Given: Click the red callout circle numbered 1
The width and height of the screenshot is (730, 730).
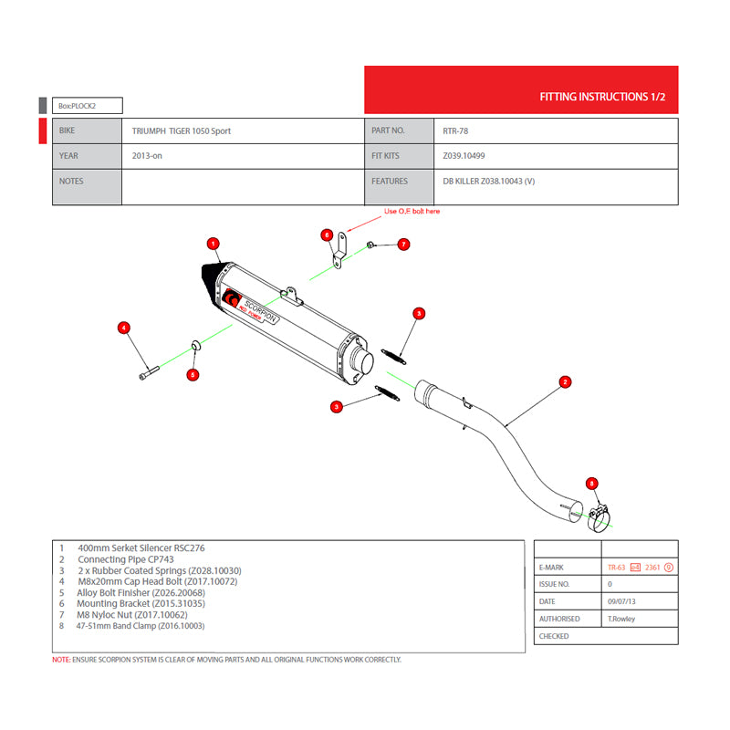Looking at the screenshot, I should pyautogui.click(x=213, y=244).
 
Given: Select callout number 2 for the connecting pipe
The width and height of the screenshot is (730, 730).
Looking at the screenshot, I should pyautogui.click(x=565, y=381).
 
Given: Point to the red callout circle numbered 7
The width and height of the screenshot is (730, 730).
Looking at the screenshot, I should pyautogui.click(x=403, y=245).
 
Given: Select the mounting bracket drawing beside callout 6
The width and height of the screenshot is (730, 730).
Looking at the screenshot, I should pyautogui.click(x=341, y=250).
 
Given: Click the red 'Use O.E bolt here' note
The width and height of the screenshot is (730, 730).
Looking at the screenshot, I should pyautogui.click(x=412, y=211).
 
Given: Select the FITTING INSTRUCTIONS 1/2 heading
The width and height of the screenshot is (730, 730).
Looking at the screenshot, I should pyautogui.click(x=602, y=96).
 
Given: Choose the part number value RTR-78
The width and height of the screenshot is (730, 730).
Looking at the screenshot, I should pyautogui.click(x=456, y=131).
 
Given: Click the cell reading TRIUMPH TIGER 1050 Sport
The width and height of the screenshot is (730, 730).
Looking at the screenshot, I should pyautogui.click(x=182, y=131).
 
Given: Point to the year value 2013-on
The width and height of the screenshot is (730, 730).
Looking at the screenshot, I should pyautogui.click(x=148, y=156).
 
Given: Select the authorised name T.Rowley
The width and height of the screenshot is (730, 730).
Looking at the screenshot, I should pyautogui.click(x=623, y=619).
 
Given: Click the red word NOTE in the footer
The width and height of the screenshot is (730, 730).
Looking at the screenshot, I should pyautogui.click(x=60, y=660).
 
